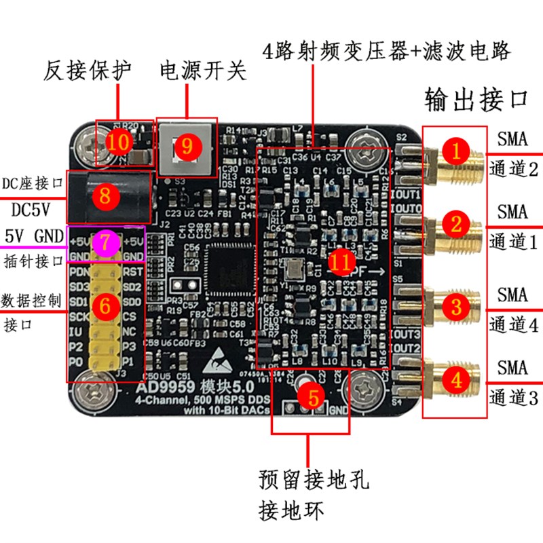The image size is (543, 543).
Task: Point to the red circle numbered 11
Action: click(341, 260)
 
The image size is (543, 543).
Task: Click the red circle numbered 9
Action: click(188, 145)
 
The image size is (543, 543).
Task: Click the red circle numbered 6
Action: click(105, 307)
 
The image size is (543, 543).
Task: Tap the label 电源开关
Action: click(203, 71)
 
